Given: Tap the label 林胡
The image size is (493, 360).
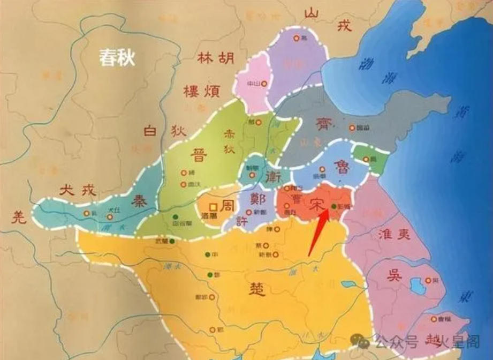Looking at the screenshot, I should (216, 58).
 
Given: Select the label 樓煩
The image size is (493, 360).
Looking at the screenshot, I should (201, 91).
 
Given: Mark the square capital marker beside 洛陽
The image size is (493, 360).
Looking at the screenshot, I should (213, 206).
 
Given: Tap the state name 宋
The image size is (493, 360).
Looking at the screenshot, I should (315, 204).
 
